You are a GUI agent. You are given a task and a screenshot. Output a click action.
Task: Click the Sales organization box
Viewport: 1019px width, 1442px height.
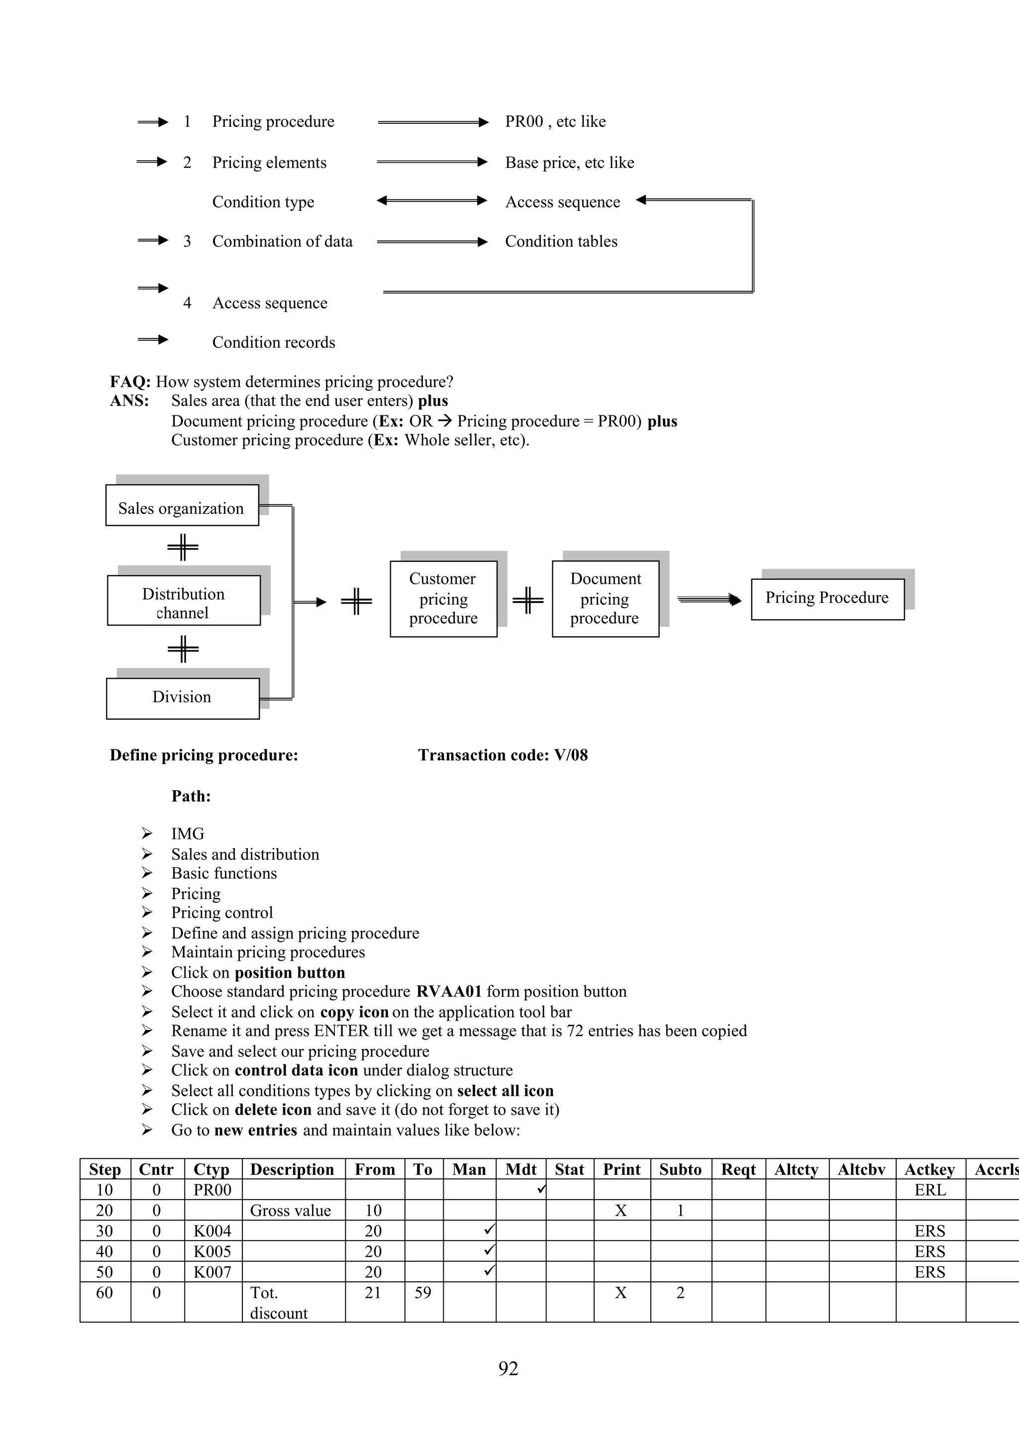click(x=182, y=505)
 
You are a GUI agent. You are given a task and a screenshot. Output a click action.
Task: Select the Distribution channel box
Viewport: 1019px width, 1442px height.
click(x=183, y=601)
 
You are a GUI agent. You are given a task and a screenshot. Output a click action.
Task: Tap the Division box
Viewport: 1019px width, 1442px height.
click(x=182, y=698)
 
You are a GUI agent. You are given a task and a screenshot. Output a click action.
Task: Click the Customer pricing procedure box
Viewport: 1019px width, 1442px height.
click(x=443, y=599)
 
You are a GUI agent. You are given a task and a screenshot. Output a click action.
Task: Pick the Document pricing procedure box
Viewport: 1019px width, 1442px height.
click(x=605, y=599)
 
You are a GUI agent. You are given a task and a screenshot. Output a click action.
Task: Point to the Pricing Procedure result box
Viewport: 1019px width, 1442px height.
click(x=827, y=599)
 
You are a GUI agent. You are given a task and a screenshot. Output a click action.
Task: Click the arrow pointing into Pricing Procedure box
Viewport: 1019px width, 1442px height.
click(x=710, y=600)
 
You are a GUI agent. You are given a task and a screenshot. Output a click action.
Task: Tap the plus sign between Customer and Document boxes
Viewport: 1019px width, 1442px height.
click(x=528, y=600)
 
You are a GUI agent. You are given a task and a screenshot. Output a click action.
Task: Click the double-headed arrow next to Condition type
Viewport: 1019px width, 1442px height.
click(x=432, y=201)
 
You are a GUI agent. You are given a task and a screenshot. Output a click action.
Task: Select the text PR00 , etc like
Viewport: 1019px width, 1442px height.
click(x=555, y=122)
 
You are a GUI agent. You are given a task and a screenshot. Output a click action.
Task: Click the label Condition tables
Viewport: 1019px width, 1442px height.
click(x=561, y=242)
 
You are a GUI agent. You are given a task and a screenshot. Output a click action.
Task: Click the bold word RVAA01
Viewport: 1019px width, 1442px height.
click(x=449, y=992)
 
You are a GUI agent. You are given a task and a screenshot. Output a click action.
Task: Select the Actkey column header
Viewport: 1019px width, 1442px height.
click(x=929, y=1169)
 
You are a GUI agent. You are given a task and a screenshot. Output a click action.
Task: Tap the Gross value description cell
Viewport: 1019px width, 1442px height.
click(x=290, y=1210)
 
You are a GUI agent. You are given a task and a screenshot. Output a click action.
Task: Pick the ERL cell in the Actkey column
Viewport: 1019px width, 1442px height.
click(x=930, y=1190)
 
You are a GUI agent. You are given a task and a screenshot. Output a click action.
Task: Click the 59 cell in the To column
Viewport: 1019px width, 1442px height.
click(x=422, y=1293)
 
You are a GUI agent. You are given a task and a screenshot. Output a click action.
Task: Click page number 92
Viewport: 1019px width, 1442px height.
click(x=508, y=1368)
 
